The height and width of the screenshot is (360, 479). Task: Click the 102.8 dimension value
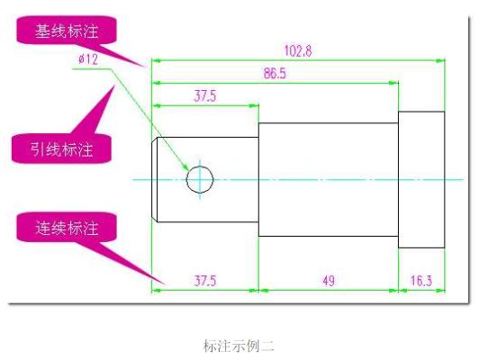(x=298, y=50)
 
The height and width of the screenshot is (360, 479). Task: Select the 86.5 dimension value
(x=275, y=73)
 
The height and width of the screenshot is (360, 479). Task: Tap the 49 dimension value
(x=329, y=281)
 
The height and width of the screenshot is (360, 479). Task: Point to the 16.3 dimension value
(x=421, y=281)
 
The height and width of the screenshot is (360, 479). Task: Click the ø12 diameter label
(x=88, y=58)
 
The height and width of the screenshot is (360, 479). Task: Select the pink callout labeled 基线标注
(x=67, y=30)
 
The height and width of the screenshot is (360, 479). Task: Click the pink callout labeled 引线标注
(x=61, y=148)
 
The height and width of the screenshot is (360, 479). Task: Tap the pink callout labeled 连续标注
(x=67, y=227)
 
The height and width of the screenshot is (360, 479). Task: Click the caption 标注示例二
(x=239, y=346)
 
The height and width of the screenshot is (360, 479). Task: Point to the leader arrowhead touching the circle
(x=185, y=166)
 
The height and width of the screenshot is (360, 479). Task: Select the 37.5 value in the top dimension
(x=205, y=96)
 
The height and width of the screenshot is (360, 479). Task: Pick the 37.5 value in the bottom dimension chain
(x=205, y=281)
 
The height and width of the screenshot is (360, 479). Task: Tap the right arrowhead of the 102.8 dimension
(x=440, y=60)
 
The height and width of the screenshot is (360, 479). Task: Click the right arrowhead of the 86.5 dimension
(x=393, y=83)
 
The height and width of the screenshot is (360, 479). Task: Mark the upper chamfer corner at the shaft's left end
(x=157, y=138)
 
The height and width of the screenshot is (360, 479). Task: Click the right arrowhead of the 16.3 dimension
(x=440, y=291)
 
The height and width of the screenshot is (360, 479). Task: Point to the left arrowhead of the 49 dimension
(x=263, y=291)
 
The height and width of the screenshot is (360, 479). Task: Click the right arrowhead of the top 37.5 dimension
(x=254, y=105)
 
